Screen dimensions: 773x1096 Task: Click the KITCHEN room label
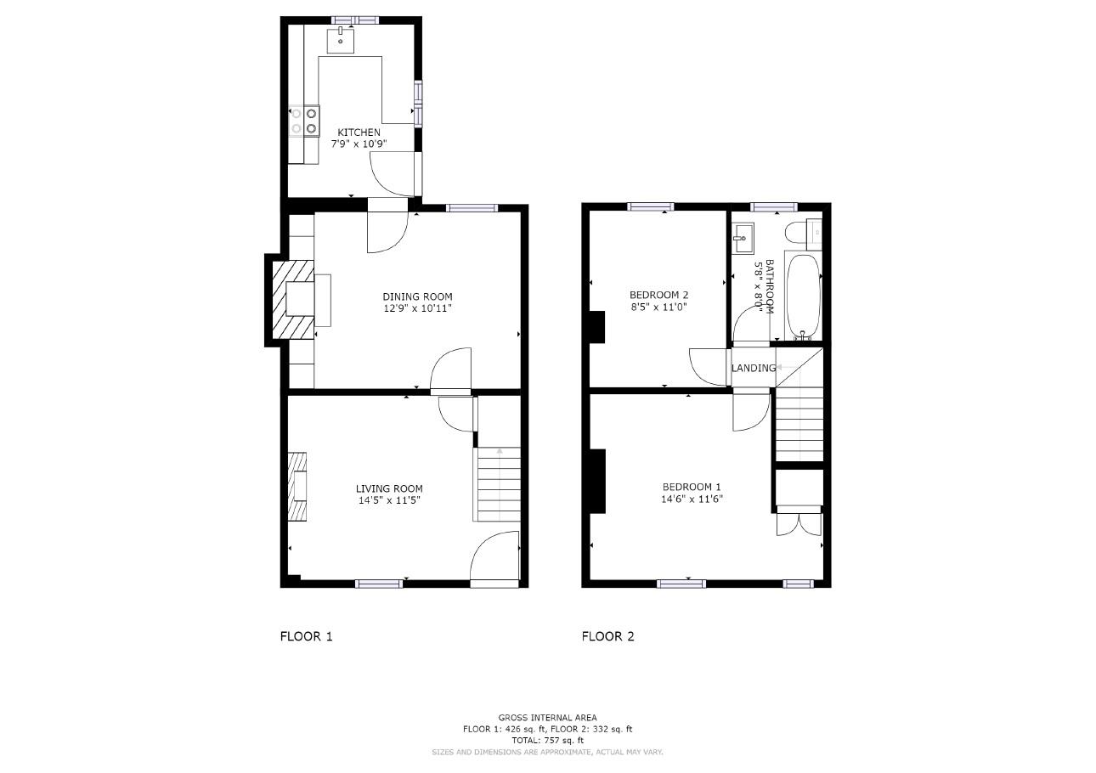click(x=359, y=133)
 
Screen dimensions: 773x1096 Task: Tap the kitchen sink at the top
click(x=341, y=40)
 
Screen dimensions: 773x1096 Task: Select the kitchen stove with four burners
click(x=304, y=121)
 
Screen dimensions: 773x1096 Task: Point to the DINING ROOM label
click(x=417, y=296)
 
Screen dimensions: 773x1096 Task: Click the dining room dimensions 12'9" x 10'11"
click(x=417, y=308)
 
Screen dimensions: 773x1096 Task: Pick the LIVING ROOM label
click(x=389, y=488)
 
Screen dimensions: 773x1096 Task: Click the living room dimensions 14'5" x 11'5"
click(x=389, y=500)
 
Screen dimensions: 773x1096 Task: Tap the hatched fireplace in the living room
click(x=297, y=486)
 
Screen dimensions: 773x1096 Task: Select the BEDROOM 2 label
click(x=658, y=296)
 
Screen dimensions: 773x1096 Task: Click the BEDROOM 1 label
click(x=692, y=487)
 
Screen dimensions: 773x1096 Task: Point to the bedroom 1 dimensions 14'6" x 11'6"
click(x=692, y=499)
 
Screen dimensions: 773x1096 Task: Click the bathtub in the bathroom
click(x=803, y=295)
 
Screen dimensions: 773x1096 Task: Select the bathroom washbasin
click(x=743, y=238)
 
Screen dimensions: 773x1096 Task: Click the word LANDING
click(x=754, y=368)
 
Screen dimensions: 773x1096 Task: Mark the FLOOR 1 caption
click(x=306, y=636)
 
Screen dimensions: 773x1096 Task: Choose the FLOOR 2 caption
click(x=607, y=636)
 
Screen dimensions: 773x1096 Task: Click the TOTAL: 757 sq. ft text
click(x=547, y=741)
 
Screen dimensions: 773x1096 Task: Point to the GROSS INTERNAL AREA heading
click(x=547, y=718)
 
